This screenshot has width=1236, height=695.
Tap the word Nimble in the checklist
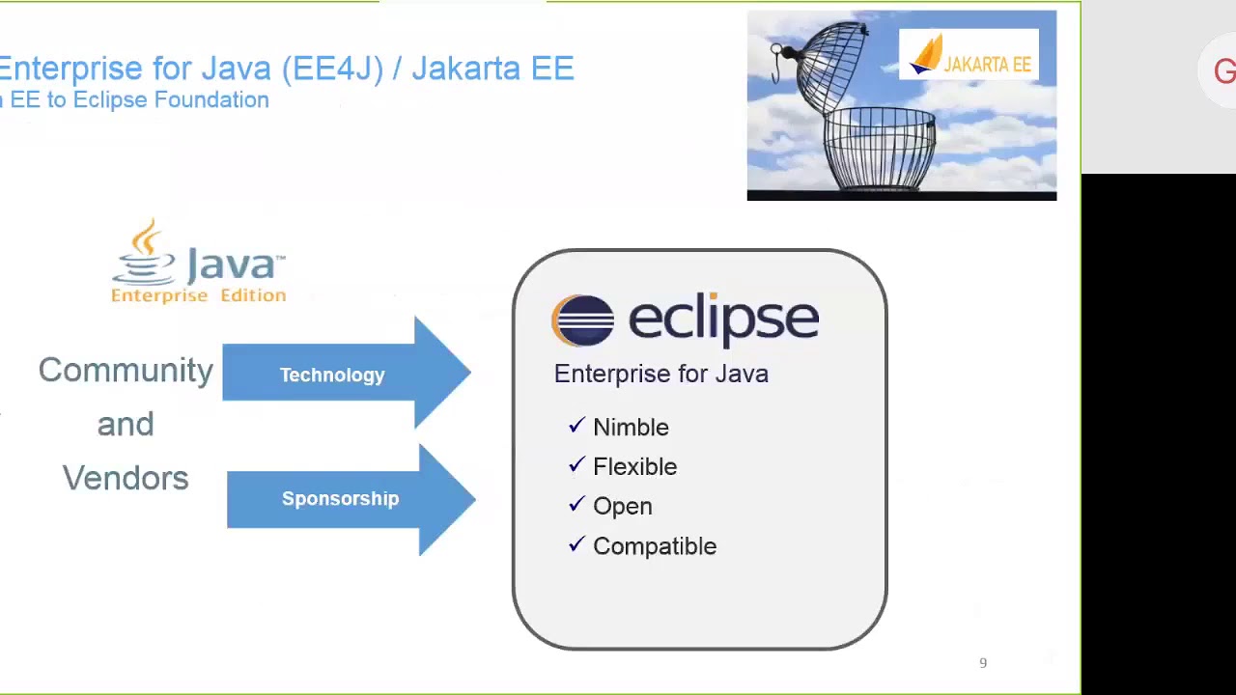631,428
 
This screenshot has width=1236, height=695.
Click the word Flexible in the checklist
634,467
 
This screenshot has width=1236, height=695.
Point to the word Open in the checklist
622,507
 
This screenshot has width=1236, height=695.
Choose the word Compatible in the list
654,546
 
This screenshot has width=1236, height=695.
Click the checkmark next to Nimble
576,426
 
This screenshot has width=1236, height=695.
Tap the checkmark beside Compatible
576,544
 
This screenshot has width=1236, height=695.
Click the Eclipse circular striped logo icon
582,320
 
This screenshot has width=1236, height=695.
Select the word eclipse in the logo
723,320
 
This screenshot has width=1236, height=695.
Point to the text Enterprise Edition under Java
198,295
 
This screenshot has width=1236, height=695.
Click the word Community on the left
126,371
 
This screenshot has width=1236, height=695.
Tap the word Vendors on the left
126,479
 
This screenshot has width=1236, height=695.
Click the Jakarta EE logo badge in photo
969,55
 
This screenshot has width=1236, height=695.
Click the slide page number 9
983,663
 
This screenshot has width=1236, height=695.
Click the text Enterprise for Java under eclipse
660,375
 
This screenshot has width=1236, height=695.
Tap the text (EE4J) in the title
332,69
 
